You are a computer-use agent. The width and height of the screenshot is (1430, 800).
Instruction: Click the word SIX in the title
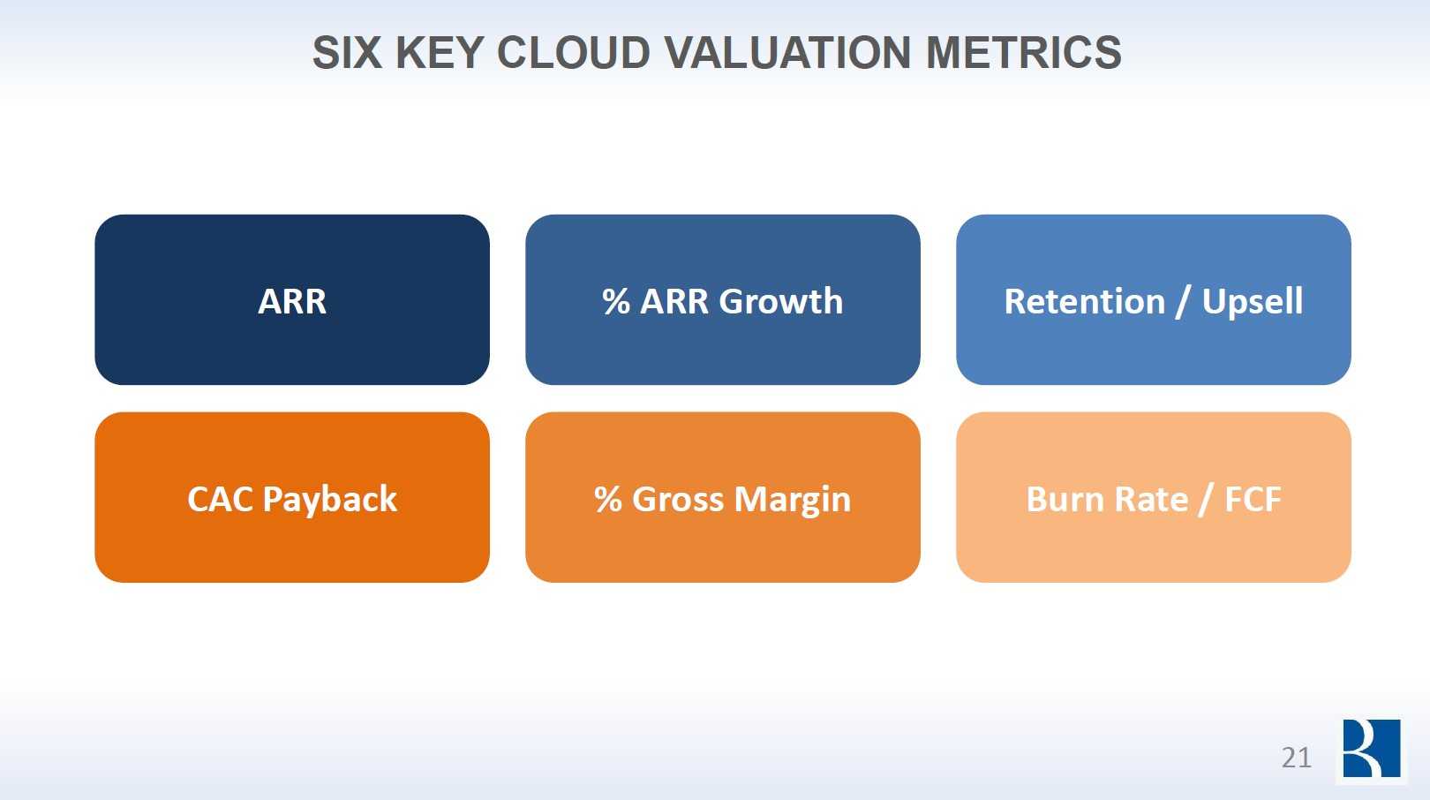(346, 53)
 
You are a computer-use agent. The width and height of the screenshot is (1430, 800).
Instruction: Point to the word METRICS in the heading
(1024, 53)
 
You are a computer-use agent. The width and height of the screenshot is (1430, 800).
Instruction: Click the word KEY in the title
(439, 53)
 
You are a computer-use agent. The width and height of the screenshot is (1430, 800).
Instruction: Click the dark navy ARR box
(292, 300)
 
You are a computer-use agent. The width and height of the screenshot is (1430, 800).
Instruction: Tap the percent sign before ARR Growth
(616, 302)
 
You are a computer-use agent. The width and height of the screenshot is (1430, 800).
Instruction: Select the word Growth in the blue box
(781, 302)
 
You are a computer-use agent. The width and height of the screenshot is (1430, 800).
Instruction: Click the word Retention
(1085, 302)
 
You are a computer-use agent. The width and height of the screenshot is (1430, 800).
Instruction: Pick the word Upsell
(1253, 302)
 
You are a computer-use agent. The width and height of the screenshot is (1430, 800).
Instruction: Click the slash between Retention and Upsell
(1184, 302)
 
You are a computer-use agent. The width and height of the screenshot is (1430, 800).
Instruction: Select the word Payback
(330, 500)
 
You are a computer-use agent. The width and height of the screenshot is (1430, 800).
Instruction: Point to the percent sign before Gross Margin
(608, 500)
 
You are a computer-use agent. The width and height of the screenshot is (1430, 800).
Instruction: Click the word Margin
(793, 500)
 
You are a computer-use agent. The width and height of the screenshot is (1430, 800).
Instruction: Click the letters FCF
(1253, 500)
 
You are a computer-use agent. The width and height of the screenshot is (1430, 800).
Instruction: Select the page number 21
(1296, 758)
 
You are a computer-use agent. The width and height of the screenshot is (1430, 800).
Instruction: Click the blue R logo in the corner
(1371, 749)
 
